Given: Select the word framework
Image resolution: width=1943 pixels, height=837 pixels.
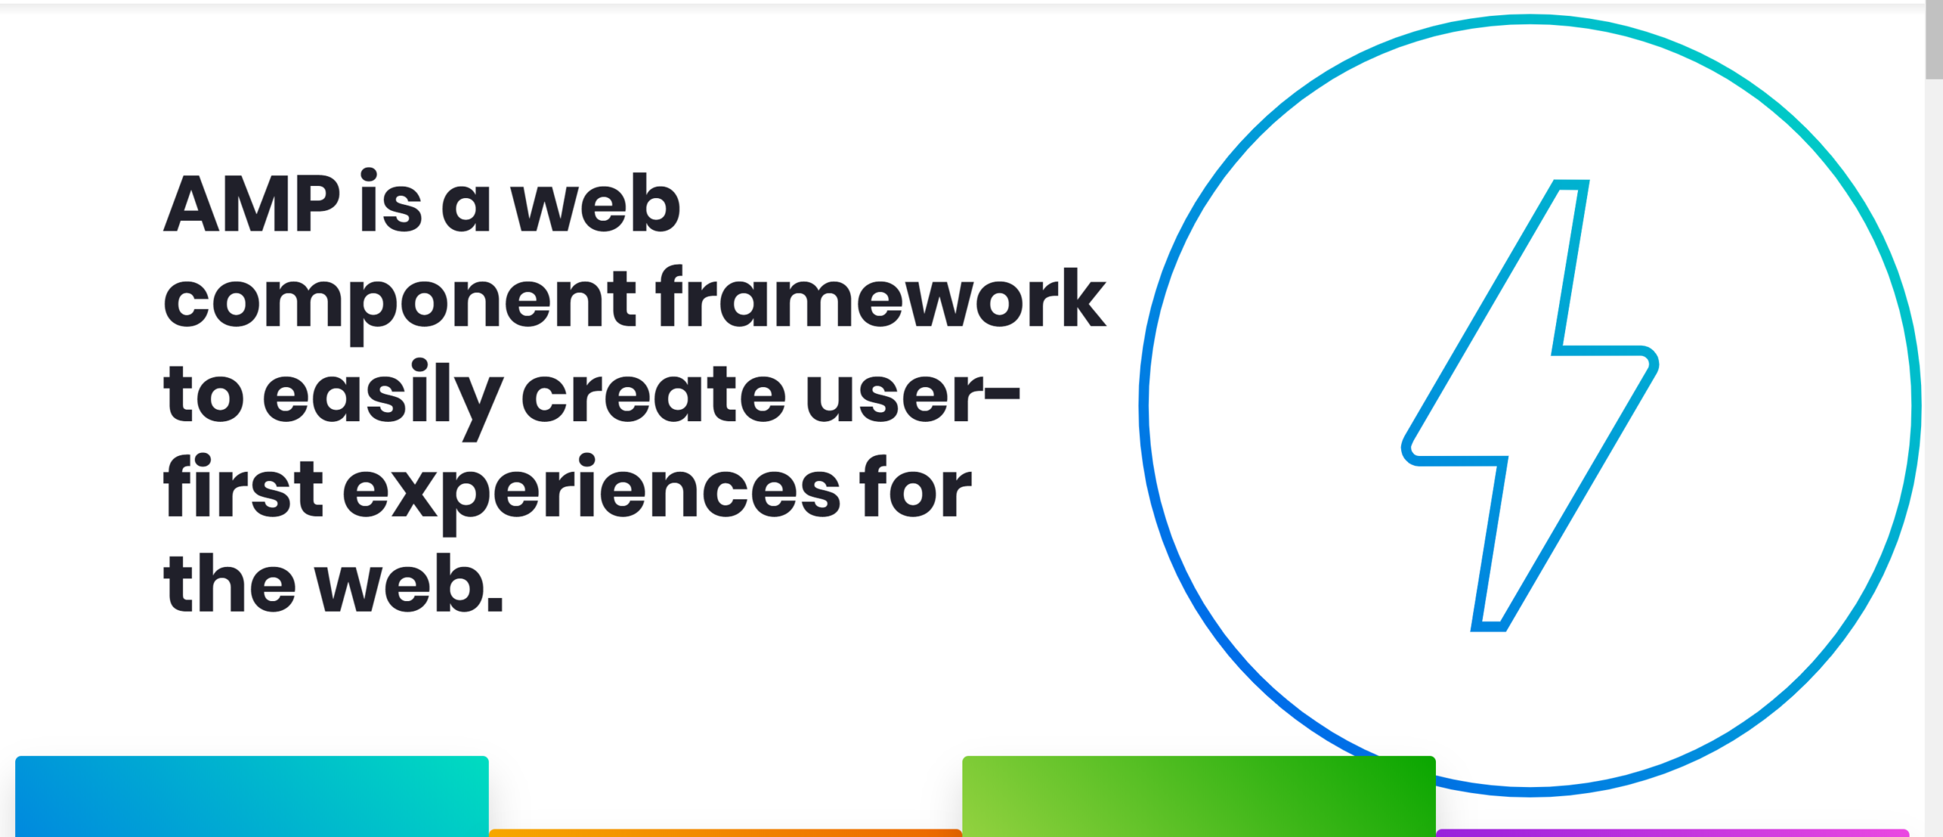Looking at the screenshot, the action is pos(880,297).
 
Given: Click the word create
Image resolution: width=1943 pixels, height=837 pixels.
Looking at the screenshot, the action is pos(653,394).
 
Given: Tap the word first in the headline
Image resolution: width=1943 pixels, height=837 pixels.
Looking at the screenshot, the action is pos(243,486).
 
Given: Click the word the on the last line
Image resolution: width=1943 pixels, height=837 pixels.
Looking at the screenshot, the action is pos(229,582).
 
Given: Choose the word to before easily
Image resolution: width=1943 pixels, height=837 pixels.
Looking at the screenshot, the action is pos(203,394).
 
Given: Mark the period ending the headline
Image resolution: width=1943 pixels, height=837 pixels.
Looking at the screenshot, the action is pos(494,602).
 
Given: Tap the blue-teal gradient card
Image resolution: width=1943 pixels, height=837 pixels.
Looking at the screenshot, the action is pos(252,796).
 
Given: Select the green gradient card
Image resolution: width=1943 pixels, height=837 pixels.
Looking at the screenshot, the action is pos(1199,796).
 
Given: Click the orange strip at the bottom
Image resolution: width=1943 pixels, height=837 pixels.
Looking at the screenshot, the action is pos(726,833).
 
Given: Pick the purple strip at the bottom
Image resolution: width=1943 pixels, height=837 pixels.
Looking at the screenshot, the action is pos(1672,833).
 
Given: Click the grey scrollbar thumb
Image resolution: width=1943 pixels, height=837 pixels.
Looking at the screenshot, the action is pos(1934,39).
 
